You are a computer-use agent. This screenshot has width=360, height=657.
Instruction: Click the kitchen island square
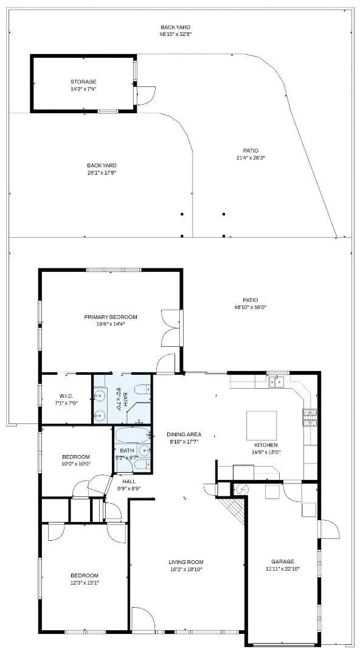(x=261, y=425)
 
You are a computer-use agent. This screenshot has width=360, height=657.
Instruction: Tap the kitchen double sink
(x=277, y=381)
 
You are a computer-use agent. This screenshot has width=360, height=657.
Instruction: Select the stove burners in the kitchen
(x=310, y=417)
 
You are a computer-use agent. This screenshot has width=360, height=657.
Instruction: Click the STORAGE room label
(x=83, y=82)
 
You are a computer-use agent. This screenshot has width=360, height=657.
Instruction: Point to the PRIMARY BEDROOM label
(x=110, y=317)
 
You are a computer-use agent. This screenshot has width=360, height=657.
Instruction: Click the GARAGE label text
(x=283, y=561)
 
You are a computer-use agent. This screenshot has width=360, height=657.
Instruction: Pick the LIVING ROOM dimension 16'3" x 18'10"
(x=186, y=569)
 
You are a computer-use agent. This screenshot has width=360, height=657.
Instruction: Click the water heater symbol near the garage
(x=241, y=488)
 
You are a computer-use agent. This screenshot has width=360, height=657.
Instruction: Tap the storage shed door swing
(x=145, y=95)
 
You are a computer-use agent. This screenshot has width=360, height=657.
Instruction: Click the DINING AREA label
(x=184, y=434)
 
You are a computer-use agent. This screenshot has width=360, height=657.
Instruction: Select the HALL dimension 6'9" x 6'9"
(x=128, y=488)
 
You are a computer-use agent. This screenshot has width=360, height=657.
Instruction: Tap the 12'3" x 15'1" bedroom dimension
(x=84, y=583)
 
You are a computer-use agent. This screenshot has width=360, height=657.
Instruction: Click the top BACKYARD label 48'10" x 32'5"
(x=175, y=35)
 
